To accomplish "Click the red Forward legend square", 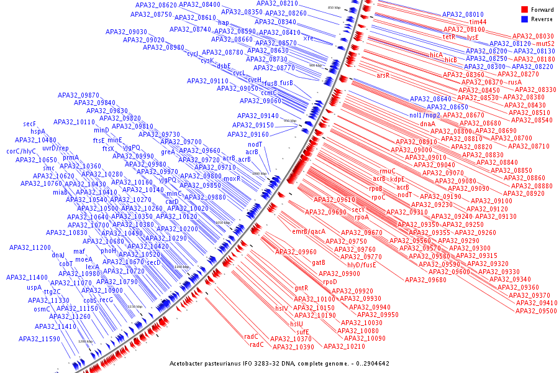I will tap(524, 10).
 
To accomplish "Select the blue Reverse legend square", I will tap(524, 19).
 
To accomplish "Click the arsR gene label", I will tap(383, 75).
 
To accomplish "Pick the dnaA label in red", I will tap(427, 124).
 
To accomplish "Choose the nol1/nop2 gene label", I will tap(424, 116).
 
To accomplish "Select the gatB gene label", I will tap(319, 262).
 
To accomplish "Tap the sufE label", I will tap(302, 332).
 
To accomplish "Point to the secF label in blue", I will tap(30, 124).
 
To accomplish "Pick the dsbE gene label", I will tap(224, 65).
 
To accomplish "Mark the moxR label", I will tap(232, 178).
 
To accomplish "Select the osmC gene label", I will tap(42, 308).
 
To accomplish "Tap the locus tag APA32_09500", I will tap(537, 311).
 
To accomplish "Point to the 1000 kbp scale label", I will tap(259, 174).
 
